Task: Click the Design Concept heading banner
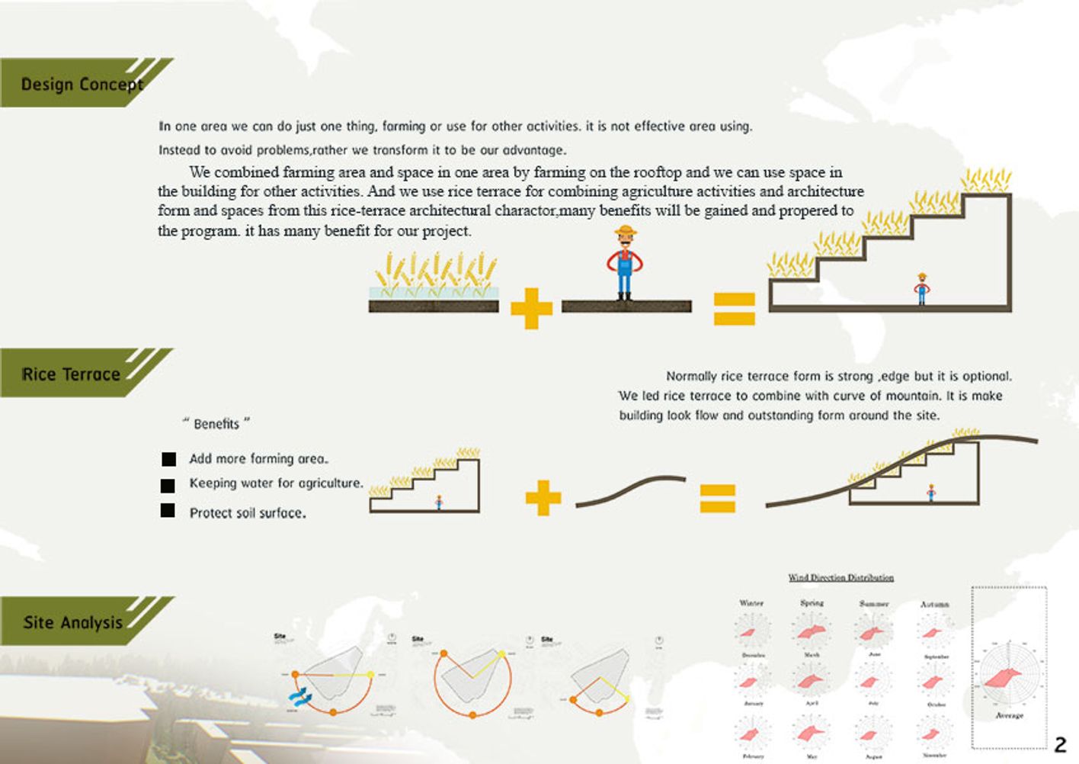click(80, 83)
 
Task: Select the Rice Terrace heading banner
click(72, 374)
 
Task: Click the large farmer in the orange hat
click(625, 263)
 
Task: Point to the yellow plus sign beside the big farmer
click(531, 308)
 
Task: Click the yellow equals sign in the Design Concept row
click(734, 308)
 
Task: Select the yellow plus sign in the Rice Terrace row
click(543, 497)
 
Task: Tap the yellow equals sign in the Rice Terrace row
click(718, 498)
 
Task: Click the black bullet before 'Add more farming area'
click(168, 459)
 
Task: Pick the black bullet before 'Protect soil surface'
click(168, 511)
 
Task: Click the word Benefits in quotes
click(216, 424)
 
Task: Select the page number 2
click(1060, 744)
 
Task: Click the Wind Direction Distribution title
click(840, 577)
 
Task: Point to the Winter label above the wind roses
click(751, 603)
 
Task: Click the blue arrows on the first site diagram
click(298, 695)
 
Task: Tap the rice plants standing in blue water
click(434, 276)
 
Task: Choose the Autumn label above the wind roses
click(934, 605)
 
